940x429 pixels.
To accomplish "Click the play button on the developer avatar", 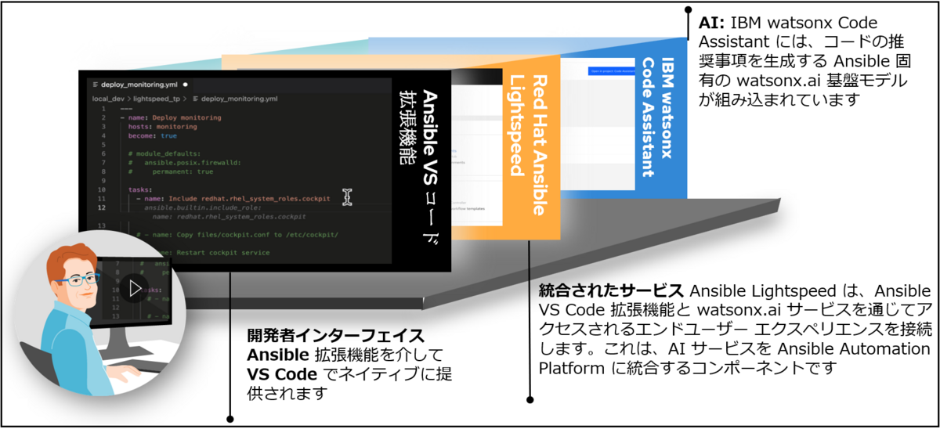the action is click(135, 288).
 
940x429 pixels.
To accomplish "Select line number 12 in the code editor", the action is click(103, 207).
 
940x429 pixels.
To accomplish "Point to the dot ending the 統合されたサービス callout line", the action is click(530, 399).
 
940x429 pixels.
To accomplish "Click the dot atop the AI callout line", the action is click(687, 12).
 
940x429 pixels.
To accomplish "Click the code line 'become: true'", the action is click(153, 135).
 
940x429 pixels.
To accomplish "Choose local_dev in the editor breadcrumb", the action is click(108, 99).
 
